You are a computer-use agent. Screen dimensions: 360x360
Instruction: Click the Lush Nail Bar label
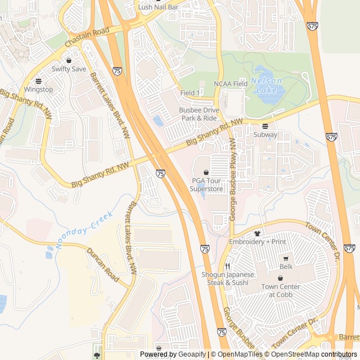(158, 7)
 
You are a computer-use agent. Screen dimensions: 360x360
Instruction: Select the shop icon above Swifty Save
(69, 60)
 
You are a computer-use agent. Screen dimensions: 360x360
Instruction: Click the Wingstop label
(38, 89)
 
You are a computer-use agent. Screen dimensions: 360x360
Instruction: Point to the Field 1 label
(190, 93)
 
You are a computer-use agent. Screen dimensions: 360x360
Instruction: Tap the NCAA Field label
(231, 84)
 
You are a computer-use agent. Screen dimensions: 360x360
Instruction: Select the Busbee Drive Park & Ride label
(199, 114)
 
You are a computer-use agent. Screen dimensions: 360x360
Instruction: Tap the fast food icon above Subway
(265, 126)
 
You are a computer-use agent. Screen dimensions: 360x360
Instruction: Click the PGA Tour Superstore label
(207, 184)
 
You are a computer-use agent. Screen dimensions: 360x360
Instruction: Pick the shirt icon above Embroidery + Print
(257, 233)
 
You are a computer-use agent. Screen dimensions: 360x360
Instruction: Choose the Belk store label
(286, 266)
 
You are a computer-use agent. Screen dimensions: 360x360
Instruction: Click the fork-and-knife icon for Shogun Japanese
(228, 266)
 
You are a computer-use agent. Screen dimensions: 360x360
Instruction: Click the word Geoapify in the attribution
(192, 354)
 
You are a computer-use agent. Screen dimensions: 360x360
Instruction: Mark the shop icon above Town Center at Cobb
(281, 278)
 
